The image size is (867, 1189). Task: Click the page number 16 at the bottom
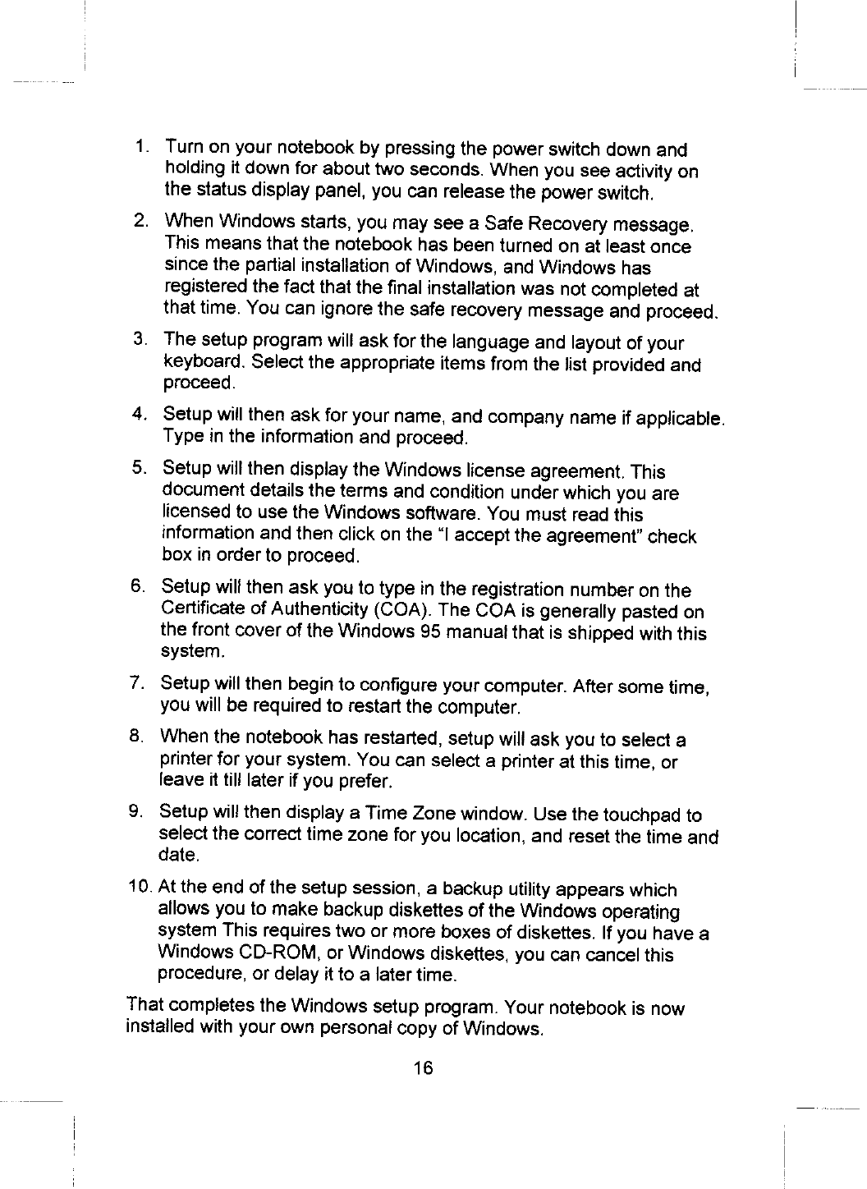click(423, 1067)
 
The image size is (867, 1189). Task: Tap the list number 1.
click(142, 149)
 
